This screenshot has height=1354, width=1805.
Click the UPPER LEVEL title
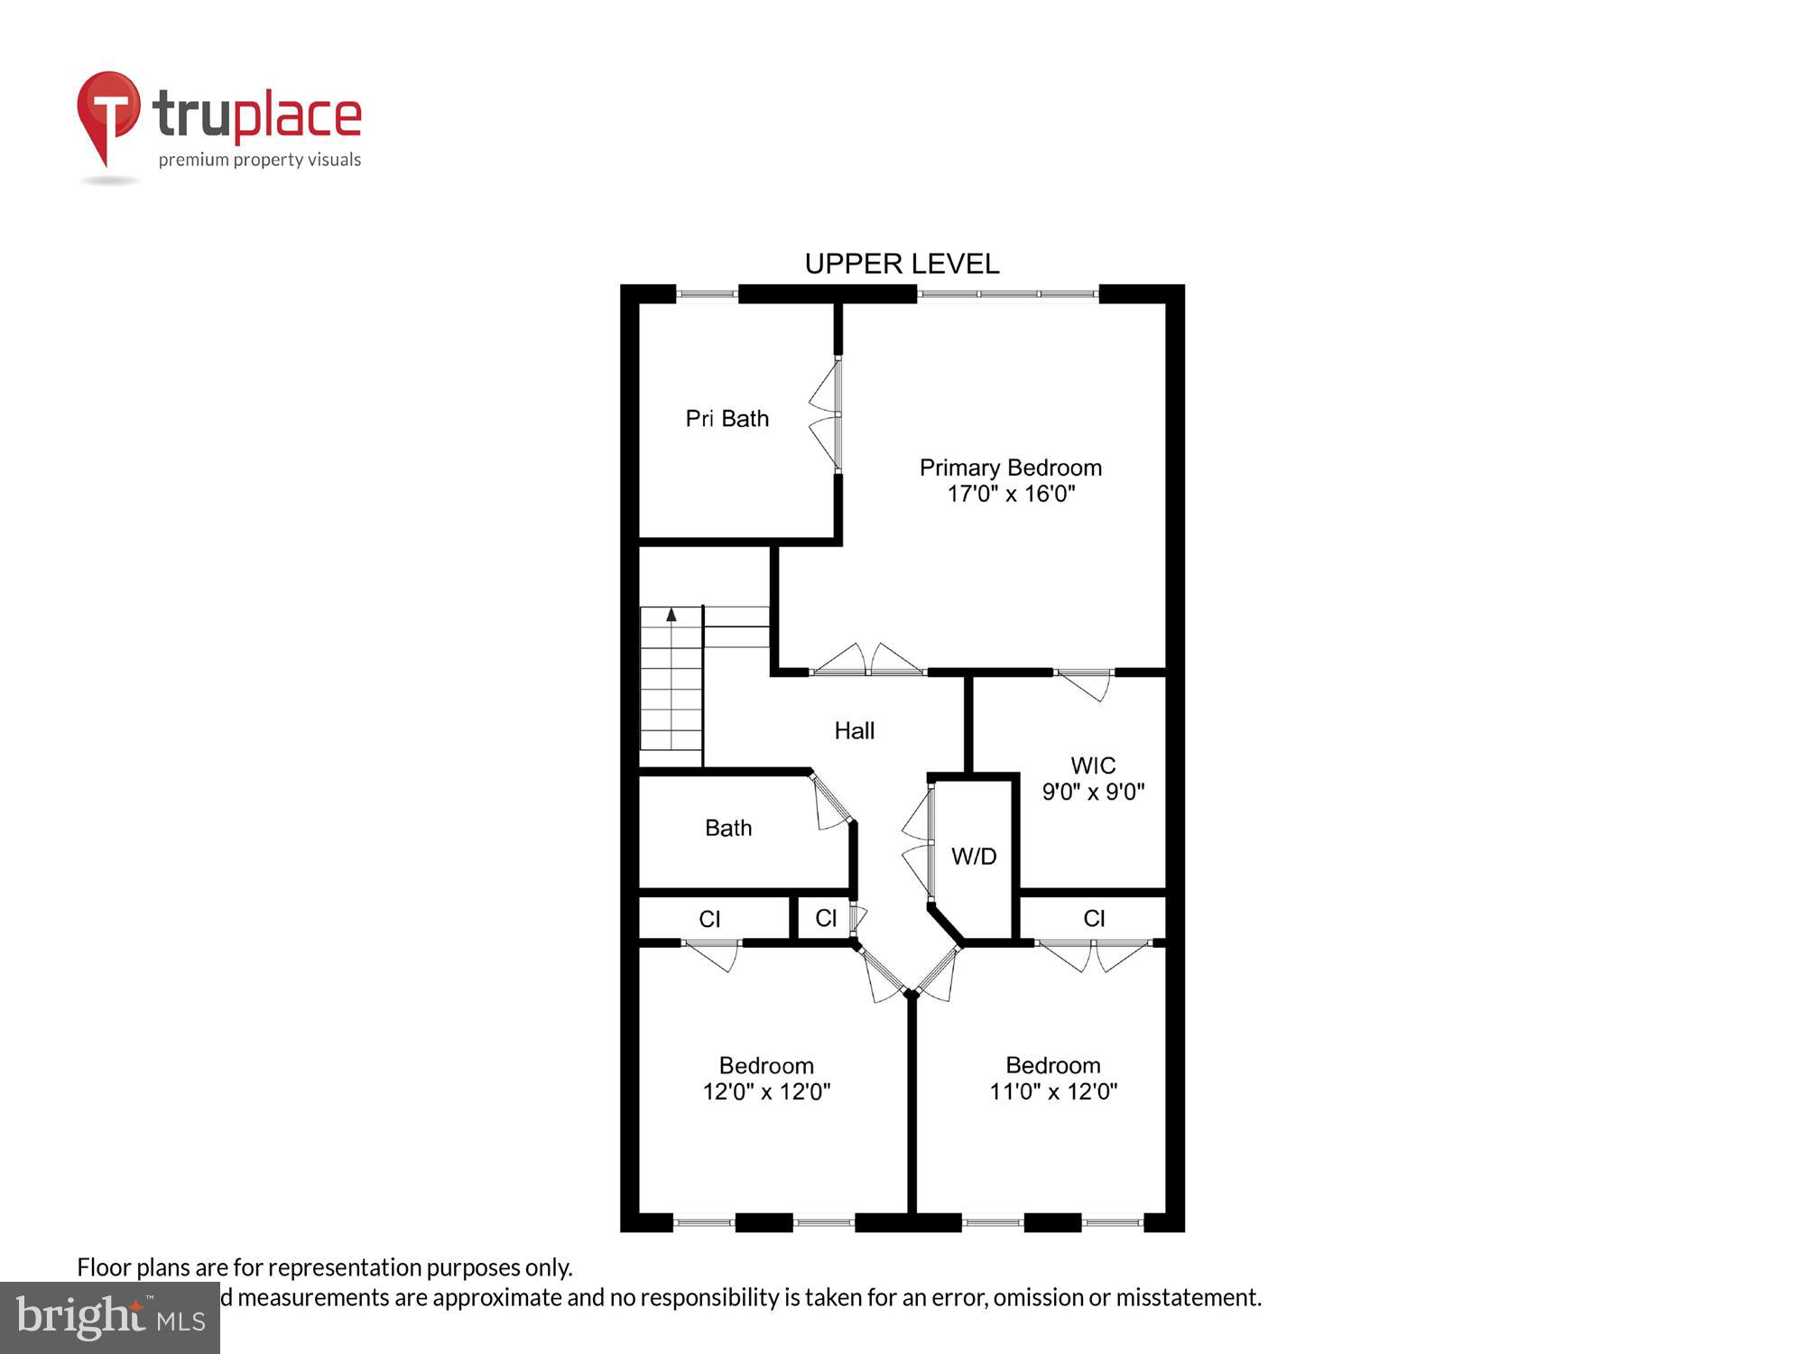(x=902, y=264)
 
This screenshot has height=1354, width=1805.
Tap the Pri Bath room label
(x=727, y=419)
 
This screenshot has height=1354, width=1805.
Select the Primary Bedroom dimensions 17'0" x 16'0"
(x=1011, y=494)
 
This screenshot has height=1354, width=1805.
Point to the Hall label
(x=854, y=730)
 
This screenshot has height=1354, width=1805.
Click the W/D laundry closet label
(x=974, y=857)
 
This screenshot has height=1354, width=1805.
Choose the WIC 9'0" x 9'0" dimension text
(x=1093, y=792)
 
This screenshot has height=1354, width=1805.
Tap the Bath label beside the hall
(x=727, y=828)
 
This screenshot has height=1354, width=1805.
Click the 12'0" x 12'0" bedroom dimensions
(x=766, y=1091)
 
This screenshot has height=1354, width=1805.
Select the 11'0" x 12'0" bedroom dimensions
(x=1052, y=1091)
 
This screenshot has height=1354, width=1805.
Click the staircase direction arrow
(x=671, y=615)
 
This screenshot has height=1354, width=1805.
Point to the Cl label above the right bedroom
(x=1094, y=919)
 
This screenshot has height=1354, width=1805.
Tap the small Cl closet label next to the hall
(x=826, y=919)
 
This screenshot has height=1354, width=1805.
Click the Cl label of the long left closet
(x=709, y=919)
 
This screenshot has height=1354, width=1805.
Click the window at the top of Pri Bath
(x=707, y=293)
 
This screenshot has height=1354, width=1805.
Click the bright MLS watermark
(x=110, y=1319)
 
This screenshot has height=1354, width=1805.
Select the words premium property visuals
(x=260, y=160)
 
